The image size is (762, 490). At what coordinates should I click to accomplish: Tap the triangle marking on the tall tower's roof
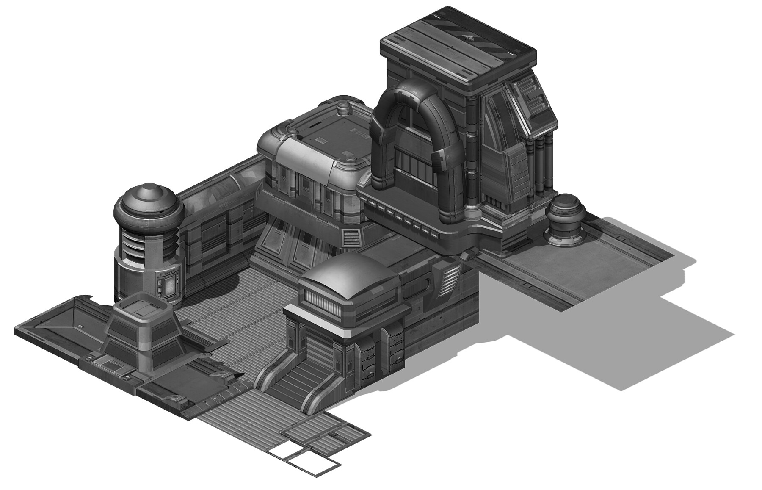pyautogui.click(x=468, y=37)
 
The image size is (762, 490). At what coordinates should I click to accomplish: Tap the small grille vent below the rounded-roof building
pyautogui.click(x=350, y=238)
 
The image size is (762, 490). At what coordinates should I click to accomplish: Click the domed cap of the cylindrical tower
pyautogui.click(x=148, y=205)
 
